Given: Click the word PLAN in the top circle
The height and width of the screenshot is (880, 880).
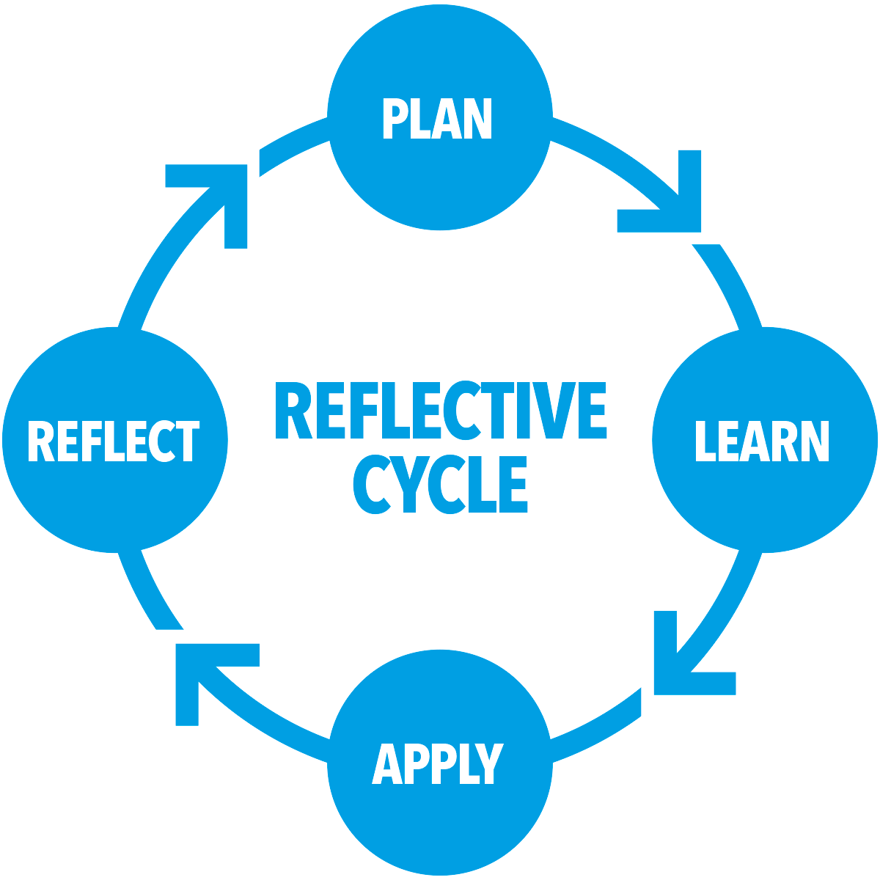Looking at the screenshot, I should (437, 119).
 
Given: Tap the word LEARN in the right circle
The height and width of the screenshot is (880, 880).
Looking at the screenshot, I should (762, 441).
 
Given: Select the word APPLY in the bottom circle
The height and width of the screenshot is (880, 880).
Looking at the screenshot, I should (438, 764).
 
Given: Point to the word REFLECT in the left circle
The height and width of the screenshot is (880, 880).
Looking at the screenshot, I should (114, 441).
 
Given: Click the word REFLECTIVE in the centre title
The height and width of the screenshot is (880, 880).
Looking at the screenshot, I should (440, 410).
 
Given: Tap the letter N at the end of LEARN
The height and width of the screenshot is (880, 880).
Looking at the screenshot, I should (815, 441).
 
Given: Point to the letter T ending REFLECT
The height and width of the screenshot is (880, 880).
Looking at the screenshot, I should (188, 441).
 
